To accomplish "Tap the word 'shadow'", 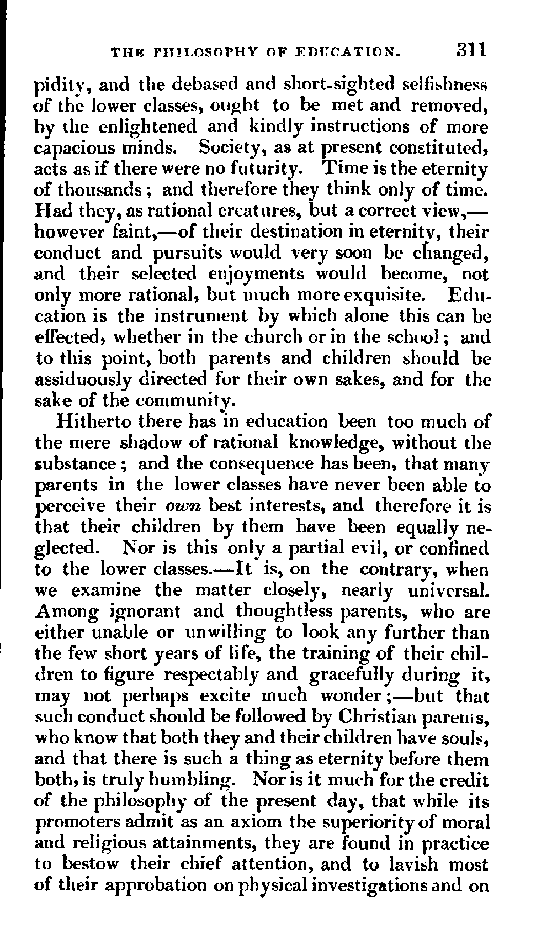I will (x=142, y=442).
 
